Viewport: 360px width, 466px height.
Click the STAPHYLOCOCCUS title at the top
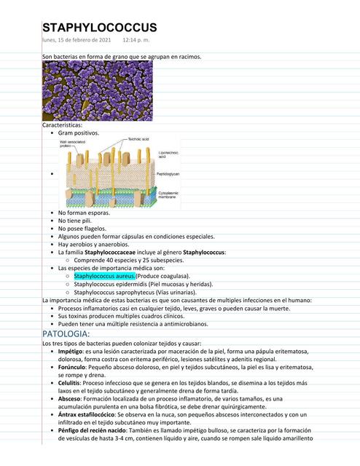(99, 27)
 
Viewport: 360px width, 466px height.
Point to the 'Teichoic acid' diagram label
(138, 138)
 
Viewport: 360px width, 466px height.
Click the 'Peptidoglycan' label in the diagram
(170, 175)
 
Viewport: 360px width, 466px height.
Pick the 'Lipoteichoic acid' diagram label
(168, 154)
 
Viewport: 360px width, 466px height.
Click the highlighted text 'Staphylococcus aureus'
(104, 276)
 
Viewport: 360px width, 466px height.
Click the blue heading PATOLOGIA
(66, 333)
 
